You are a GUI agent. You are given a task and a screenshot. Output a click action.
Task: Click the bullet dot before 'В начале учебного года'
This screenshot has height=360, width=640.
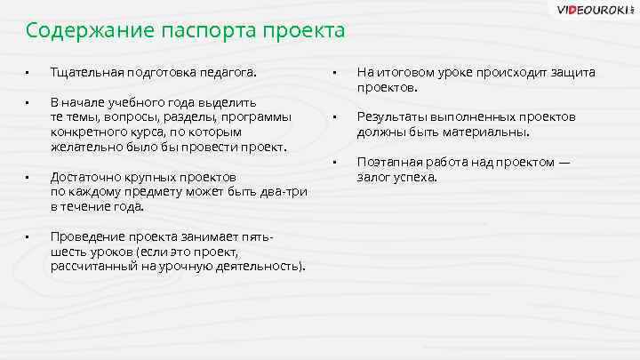click(x=28, y=102)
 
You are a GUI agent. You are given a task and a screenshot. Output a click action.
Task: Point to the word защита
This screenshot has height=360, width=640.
click(x=570, y=73)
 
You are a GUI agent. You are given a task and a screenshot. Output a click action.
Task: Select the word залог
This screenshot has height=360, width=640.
click(x=373, y=177)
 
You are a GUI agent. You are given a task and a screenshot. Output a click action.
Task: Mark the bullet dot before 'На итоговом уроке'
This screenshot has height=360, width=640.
click(x=333, y=73)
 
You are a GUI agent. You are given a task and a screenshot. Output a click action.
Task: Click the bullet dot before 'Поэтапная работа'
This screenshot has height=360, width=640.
click(x=333, y=162)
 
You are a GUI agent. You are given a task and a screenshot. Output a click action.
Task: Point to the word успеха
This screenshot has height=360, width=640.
click(x=415, y=177)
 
